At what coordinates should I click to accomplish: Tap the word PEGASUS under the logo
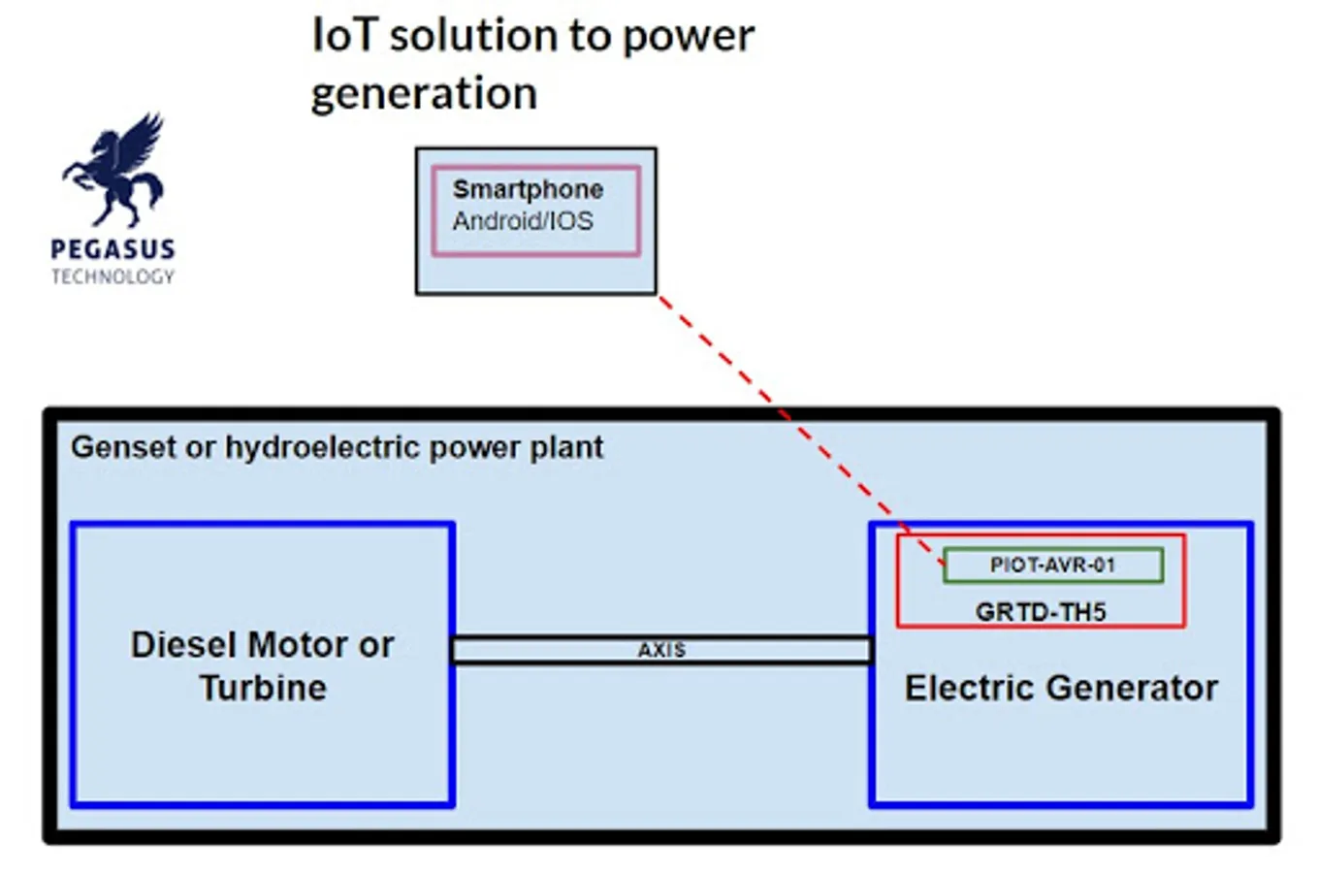tap(113, 249)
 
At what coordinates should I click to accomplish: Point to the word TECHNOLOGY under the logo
tap(113, 277)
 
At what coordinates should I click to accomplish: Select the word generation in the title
tap(424, 94)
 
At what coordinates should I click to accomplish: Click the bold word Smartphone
tap(528, 189)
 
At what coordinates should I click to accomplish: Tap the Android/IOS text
tap(523, 221)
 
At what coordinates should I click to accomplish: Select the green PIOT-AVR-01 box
tap(1052, 565)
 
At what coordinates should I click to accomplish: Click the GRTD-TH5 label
tap(1041, 612)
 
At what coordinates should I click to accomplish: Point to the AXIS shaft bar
tap(661, 650)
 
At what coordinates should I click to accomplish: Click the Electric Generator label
tap(1061, 688)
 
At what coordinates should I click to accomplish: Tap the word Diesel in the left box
tap(185, 645)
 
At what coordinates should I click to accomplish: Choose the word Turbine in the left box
tap(263, 688)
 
